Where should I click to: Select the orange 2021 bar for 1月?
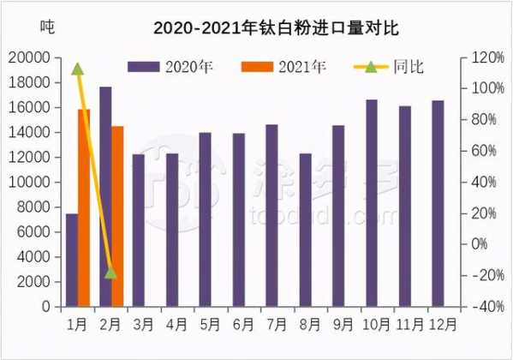pos(84,207)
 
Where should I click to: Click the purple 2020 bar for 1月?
pos(72,260)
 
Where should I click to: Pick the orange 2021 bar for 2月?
pos(117,216)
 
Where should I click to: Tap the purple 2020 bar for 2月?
pos(105,196)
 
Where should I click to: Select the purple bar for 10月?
pos(372,203)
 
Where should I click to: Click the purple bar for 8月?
pos(305,230)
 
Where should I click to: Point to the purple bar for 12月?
pos(438,203)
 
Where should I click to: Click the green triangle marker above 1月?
pos(77,69)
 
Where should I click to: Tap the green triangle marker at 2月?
pos(110,273)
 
